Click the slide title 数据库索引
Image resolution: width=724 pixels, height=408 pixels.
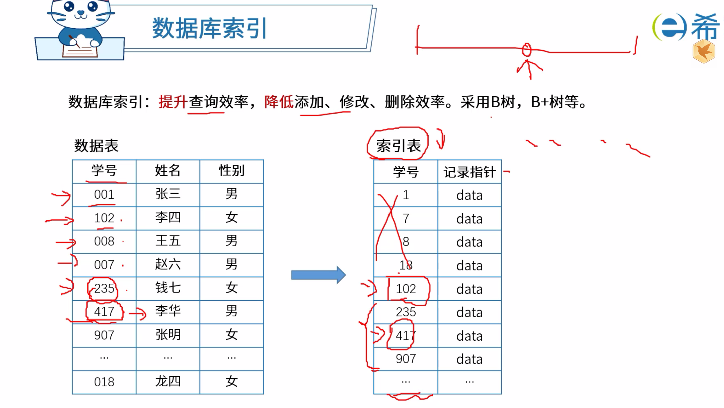pos(210,28)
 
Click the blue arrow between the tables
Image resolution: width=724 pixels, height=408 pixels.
pos(319,275)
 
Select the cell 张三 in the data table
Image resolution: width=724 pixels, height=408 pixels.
pos(168,194)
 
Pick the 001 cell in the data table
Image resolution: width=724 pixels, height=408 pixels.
pos(104,194)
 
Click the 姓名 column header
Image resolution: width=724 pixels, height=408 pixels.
pos(168,171)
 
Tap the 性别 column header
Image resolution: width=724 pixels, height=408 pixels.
pos(232,171)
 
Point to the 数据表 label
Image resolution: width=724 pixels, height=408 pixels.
pos(96,146)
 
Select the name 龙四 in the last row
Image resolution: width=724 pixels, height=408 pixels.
pos(168,381)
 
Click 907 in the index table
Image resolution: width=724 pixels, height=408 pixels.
pos(406,359)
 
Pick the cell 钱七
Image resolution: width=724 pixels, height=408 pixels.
pos(168,288)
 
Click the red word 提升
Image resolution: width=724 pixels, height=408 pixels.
pos(173,102)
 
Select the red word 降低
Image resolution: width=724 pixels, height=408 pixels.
pos(279,102)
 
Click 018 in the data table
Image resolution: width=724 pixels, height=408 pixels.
pos(104,382)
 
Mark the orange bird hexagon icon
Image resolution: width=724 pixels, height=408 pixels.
pos(704,51)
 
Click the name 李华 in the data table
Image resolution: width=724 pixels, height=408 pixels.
pos(168,311)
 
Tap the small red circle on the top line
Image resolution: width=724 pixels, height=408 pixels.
pos(527,50)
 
